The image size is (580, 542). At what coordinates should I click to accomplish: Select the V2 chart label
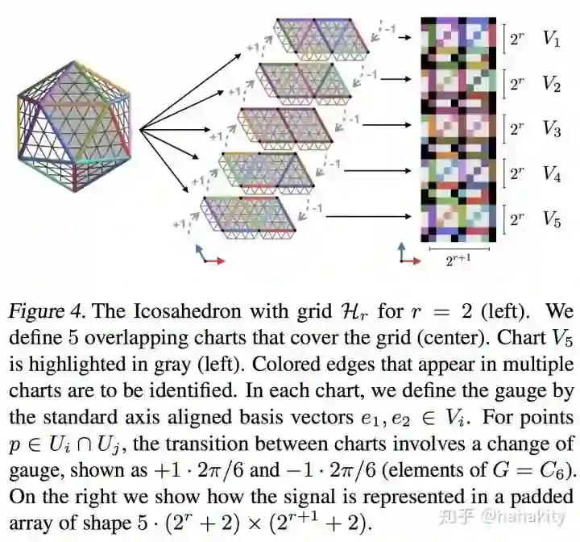coord(551,83)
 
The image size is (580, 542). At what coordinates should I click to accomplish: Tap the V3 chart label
coord(551,128)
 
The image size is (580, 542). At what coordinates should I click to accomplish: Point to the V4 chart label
coord(551,173)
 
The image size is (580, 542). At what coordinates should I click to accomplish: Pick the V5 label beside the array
coord(551,217)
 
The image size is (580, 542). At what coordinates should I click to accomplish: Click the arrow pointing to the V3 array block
coord(400,124)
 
